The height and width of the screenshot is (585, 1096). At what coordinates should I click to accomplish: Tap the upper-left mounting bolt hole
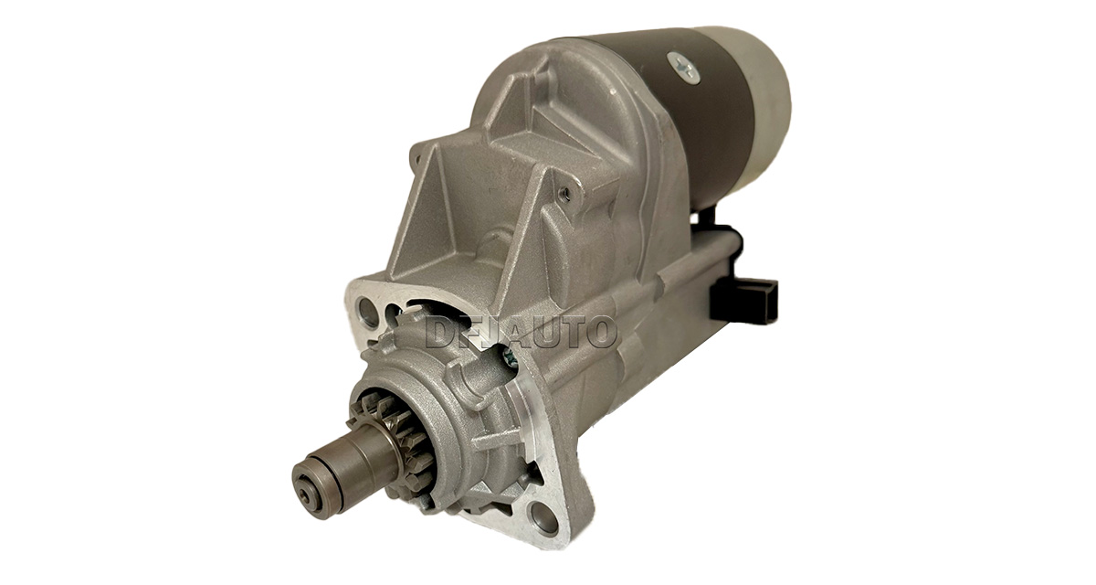coord(368,312)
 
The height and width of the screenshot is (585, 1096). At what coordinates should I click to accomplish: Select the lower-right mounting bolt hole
coord(544,516)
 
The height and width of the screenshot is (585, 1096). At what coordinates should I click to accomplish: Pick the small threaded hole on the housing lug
coord(565,193)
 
